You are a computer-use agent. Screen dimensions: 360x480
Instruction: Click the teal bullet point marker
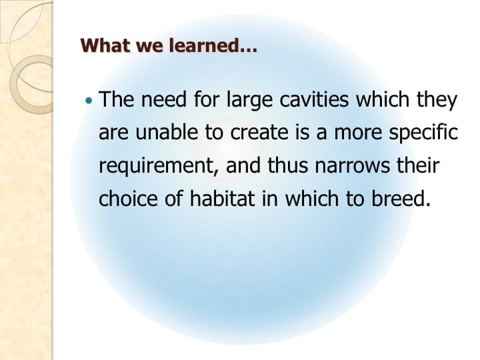pos(91,101)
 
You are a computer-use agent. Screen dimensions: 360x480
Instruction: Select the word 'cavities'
pos(313,101)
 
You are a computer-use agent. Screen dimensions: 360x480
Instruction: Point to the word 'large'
pos(243,102)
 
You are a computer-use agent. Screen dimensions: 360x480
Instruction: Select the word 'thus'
pos(295,165)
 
